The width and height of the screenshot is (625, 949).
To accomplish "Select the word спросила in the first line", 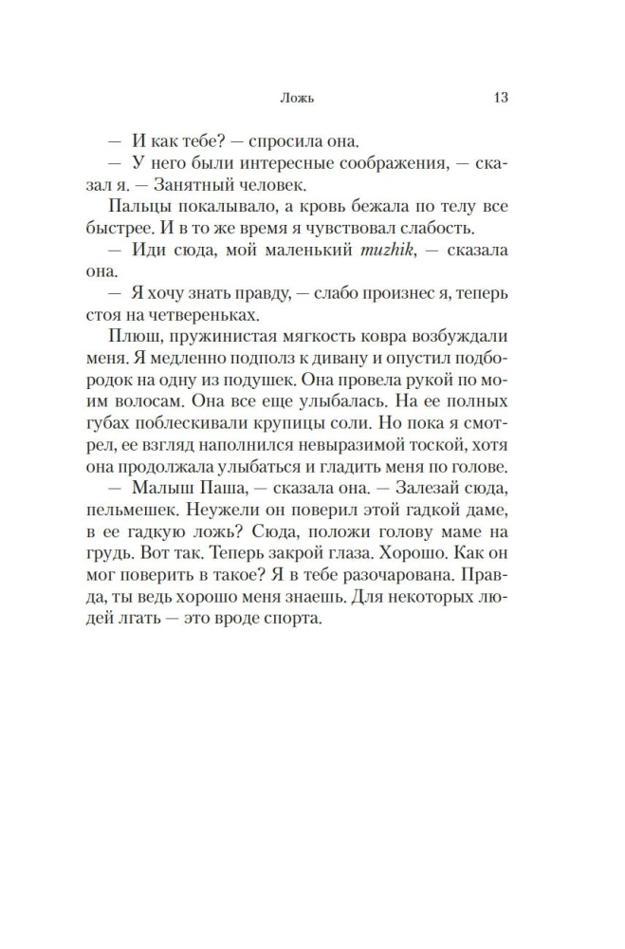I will [285, 142].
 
